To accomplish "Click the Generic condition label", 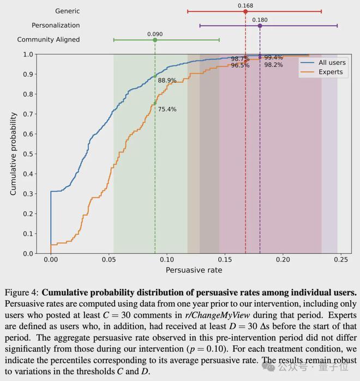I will [x=68, y=11].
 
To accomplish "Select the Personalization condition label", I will [x=56, y=25].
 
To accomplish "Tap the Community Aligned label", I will [x=49, y=39].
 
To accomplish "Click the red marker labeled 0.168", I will [x=245, y=11].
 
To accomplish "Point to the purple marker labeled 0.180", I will [x=260, y=26].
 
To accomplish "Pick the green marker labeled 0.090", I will [x=155, y=40].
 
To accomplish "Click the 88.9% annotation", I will [x=167, y=80].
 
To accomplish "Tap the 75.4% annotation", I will [x=167, y=109].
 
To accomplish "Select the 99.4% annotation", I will [x=273, y=57].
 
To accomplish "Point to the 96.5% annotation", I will [x=240, y=65].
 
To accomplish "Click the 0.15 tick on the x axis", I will [x=225, y=261].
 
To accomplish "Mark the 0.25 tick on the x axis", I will [x=341, y=261].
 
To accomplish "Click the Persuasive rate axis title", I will [x=194, y=270].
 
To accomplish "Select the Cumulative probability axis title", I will [x=14, y=154].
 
